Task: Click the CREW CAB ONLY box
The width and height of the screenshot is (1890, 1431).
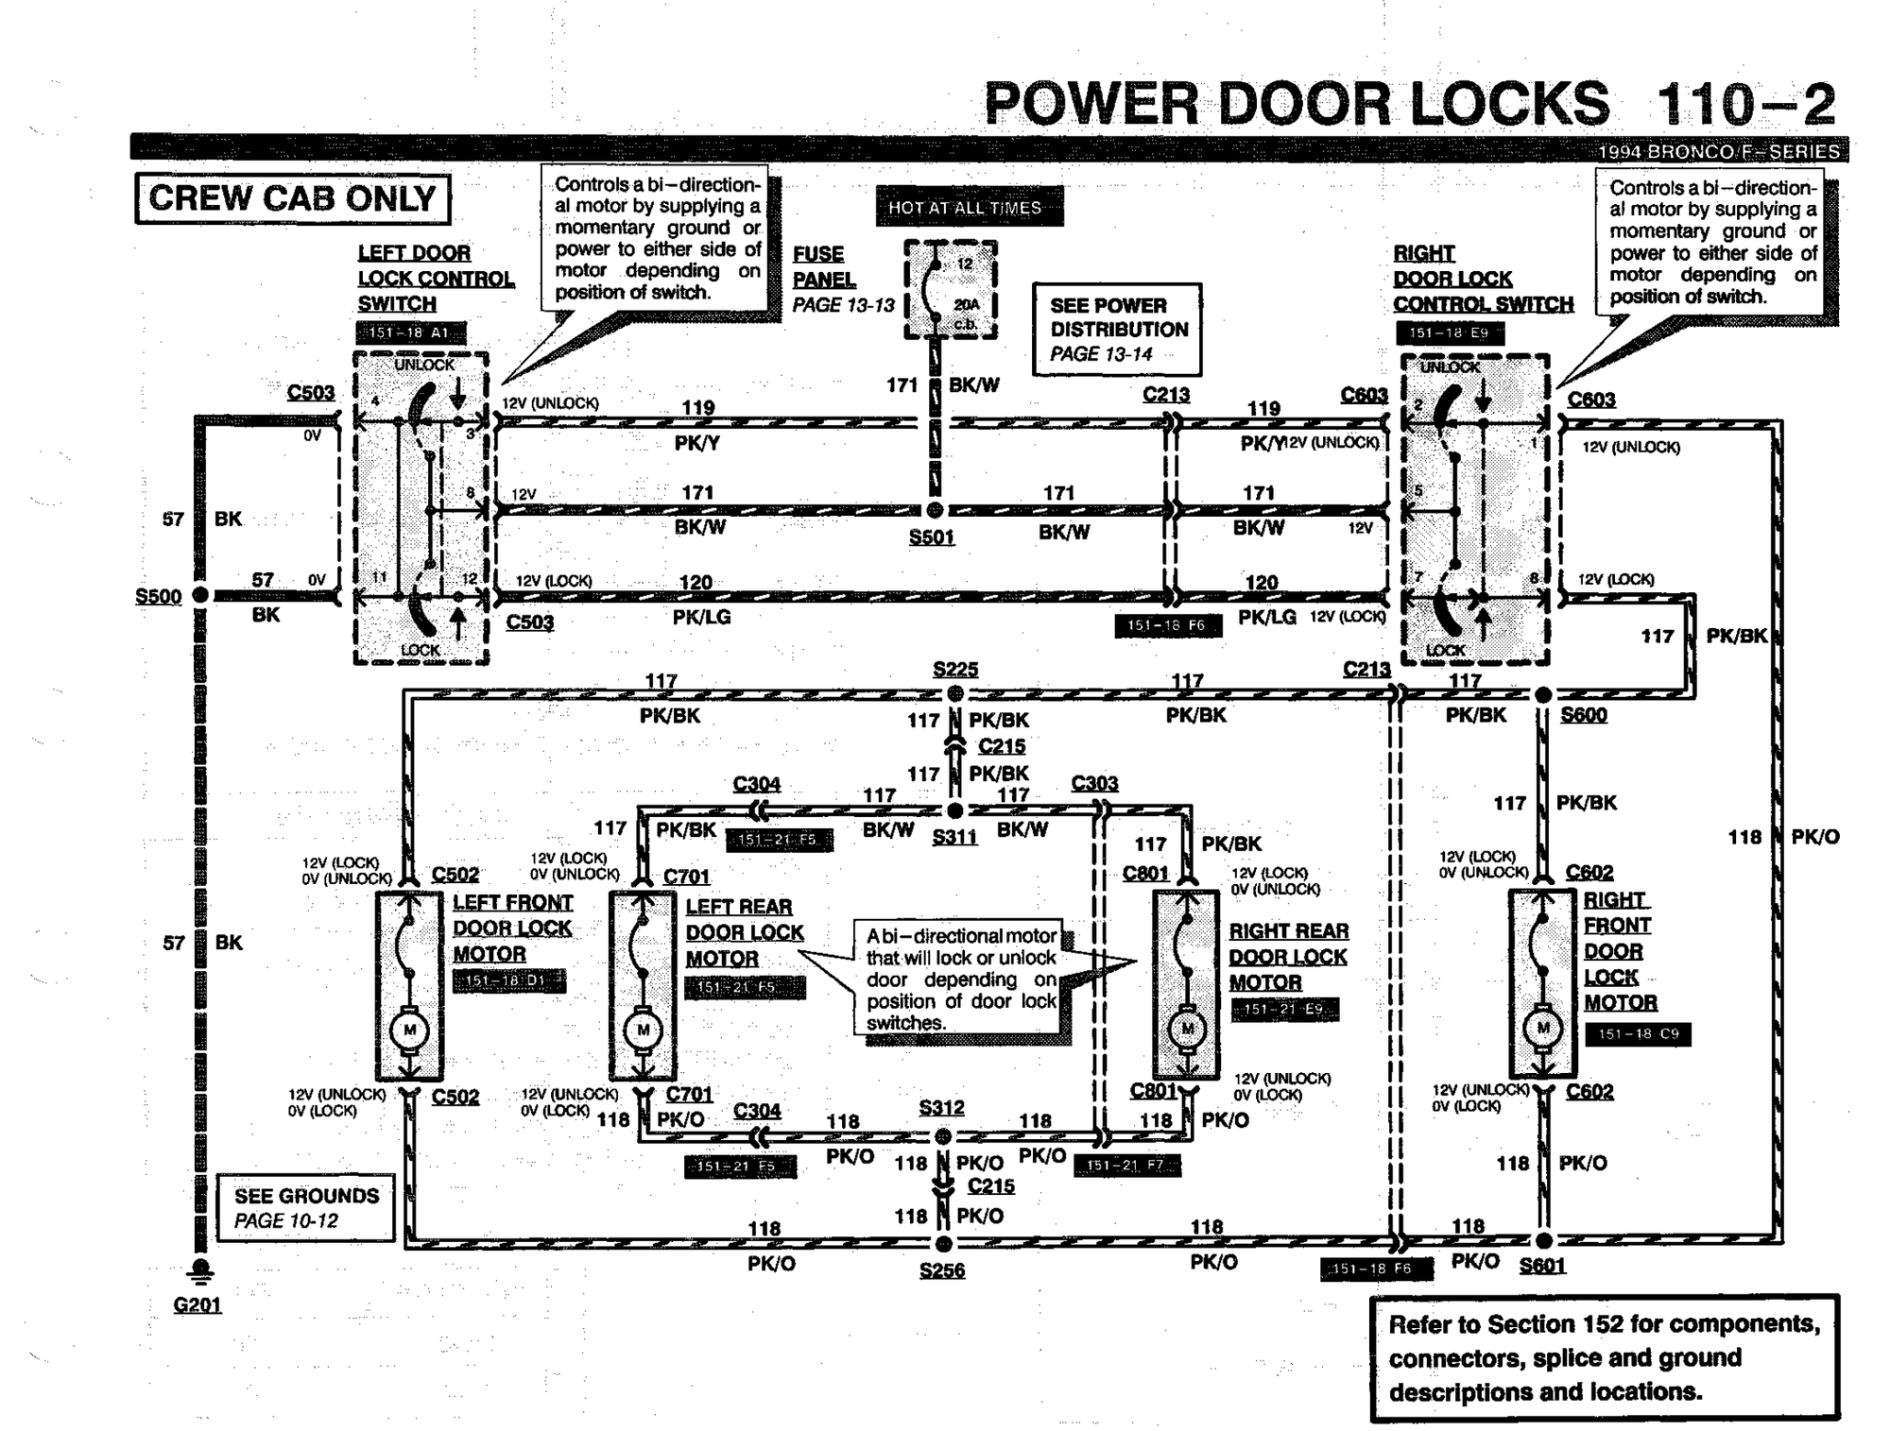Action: point(292,198)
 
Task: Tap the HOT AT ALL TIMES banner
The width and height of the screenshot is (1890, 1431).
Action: point(968,207)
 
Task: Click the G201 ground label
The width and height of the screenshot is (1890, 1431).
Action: point(197,1304)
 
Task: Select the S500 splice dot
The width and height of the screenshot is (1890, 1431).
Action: point(200,595)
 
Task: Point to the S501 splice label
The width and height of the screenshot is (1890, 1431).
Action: point(931,537)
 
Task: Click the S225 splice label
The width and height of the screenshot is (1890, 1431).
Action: point(954,669)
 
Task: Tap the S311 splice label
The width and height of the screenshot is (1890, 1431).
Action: point(954,837)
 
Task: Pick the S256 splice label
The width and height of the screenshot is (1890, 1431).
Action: point(941,1270)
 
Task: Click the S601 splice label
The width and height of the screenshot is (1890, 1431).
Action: point(1542,1266)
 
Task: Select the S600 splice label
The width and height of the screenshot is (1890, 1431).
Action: point(1583,715)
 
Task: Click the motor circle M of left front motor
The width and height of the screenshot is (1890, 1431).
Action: point(409,1030)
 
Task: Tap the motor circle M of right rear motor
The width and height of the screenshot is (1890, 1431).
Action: point(1187,1029)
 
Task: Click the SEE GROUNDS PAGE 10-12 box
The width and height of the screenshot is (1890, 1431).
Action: point(305,1207)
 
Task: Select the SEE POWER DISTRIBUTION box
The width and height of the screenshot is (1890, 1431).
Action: point(1117,329)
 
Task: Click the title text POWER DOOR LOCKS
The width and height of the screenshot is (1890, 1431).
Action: point(1296,104)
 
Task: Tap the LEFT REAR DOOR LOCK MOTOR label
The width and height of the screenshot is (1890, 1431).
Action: point(744,932)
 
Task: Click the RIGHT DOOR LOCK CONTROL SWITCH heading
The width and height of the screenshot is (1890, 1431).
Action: point(1481,279)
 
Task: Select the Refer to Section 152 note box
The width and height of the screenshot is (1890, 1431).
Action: point(1604,1357)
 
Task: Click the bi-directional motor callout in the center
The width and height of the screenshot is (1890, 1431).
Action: point(961,980)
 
